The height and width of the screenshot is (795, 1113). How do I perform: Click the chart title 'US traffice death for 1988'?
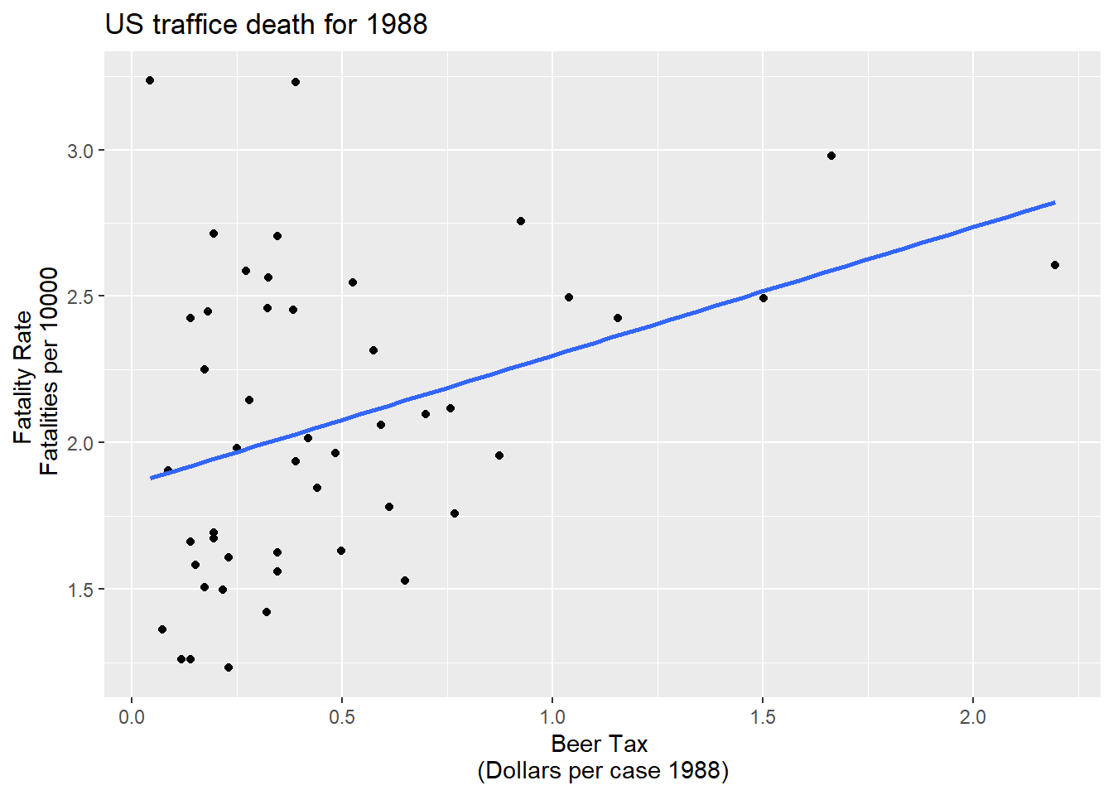pyautogui.click(x=266, y=25)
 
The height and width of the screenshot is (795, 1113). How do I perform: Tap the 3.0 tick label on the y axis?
pyautogui.click(x=80, y=151)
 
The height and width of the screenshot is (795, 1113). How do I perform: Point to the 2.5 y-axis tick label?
pyautogui.click(x=80, y=296)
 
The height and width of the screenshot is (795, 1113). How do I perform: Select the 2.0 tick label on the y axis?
pyautogui.click(x=80, y=443)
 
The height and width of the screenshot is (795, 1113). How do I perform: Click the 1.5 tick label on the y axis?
pyautogui.click(x=80, y=590)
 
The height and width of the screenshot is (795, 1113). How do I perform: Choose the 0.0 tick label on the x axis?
pyautogui.click(x=132, y=717)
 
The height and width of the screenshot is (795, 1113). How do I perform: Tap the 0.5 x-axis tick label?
pyautogui.click(x=342, y=717)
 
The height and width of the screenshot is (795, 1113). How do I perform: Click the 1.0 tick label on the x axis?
pyautogui.click(x=552, y=717)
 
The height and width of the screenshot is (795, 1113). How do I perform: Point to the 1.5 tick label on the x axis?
pyautogui.click(x=763, y=717)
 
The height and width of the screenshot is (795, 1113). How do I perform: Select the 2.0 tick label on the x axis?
pyautogui.click(x=973, y=717)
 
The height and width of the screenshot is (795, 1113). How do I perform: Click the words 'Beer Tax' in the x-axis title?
pyautogui.click(x=599, y=744)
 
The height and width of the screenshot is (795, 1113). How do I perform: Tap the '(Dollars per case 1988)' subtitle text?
pyautogui.click(x=603, y=771)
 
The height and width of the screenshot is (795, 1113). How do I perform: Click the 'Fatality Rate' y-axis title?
pyautogui.click(x=22, y=377)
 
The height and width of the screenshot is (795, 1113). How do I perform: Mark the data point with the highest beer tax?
pyautogui.click(x=1055, y=265)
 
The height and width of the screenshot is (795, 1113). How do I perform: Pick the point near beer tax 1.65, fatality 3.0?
pyautogui.click(x=831, y=156)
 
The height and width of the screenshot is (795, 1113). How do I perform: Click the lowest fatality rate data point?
pyautogui.click(x=229, y=667)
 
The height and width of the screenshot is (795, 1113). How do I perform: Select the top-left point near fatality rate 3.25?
pyautogui.click(x=150, y=80)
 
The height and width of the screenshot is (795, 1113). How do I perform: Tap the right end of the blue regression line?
pyautogui.click(x=1054, y=202)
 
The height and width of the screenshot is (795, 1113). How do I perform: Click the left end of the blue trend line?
pyautogui.click(x=152, y=478)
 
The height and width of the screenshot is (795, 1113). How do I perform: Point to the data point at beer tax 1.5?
pyautogui.click(x=764, y=298)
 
